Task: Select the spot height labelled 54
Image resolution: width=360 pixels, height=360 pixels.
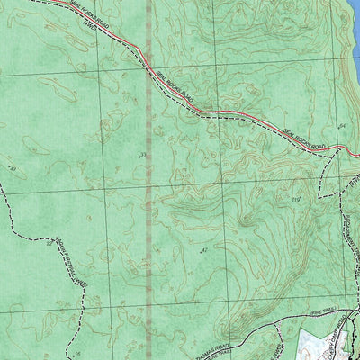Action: (x=342, y=123)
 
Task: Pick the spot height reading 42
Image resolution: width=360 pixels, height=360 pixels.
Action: (x=204, y=249)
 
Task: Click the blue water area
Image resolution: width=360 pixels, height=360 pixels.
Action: (x=354, y=22)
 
